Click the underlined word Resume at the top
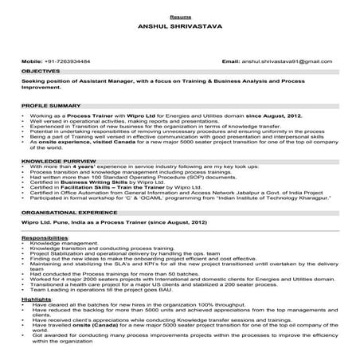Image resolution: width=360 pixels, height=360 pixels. click(179, 16)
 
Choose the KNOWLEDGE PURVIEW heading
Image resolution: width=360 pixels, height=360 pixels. click(54, 160)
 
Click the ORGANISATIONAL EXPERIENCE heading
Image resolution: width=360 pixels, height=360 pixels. click(69, 213)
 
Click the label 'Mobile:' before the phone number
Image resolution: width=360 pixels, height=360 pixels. click(32, 61)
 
